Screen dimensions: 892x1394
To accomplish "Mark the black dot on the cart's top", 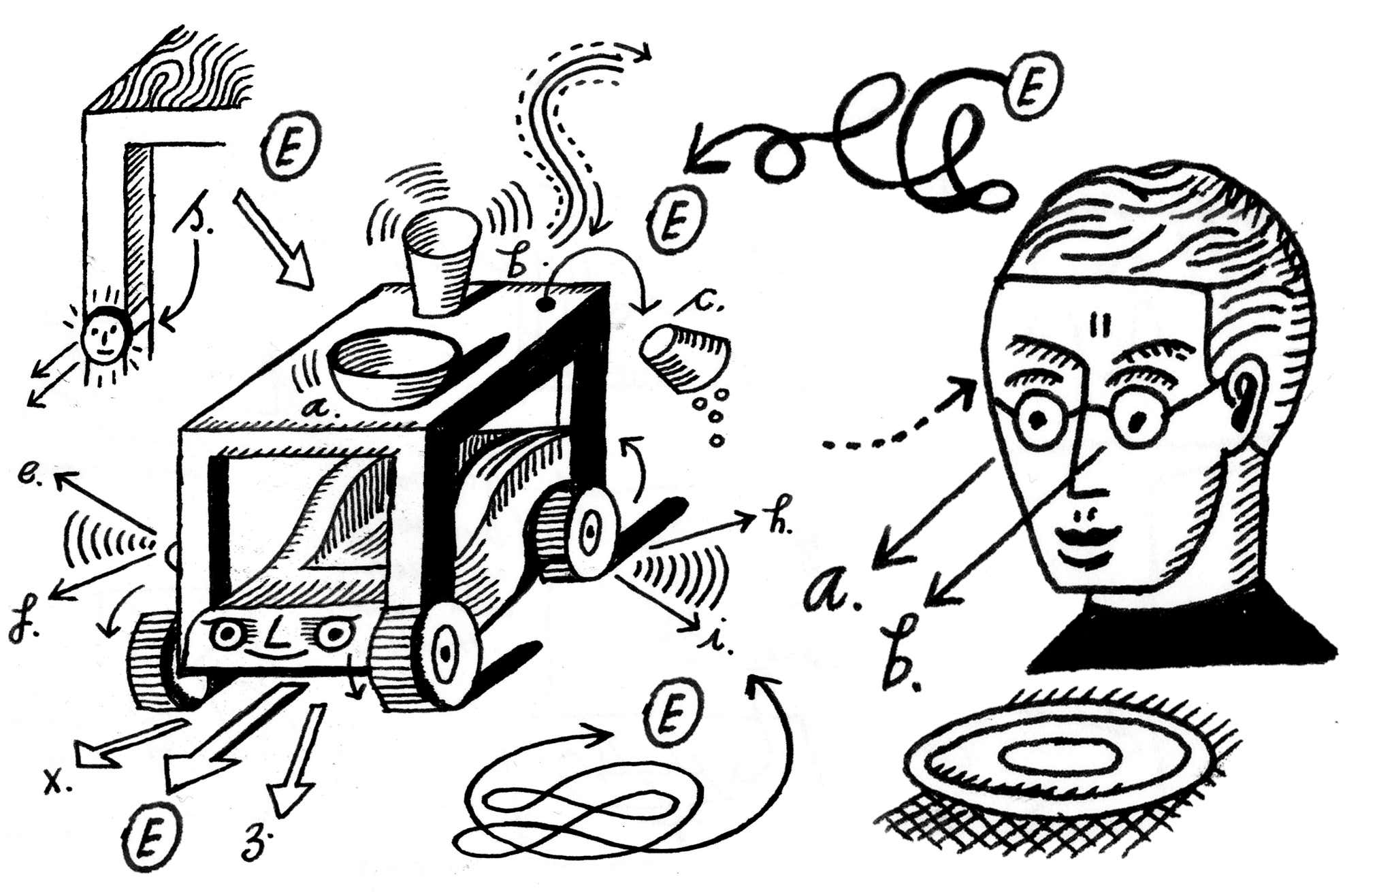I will coord(544,304).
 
